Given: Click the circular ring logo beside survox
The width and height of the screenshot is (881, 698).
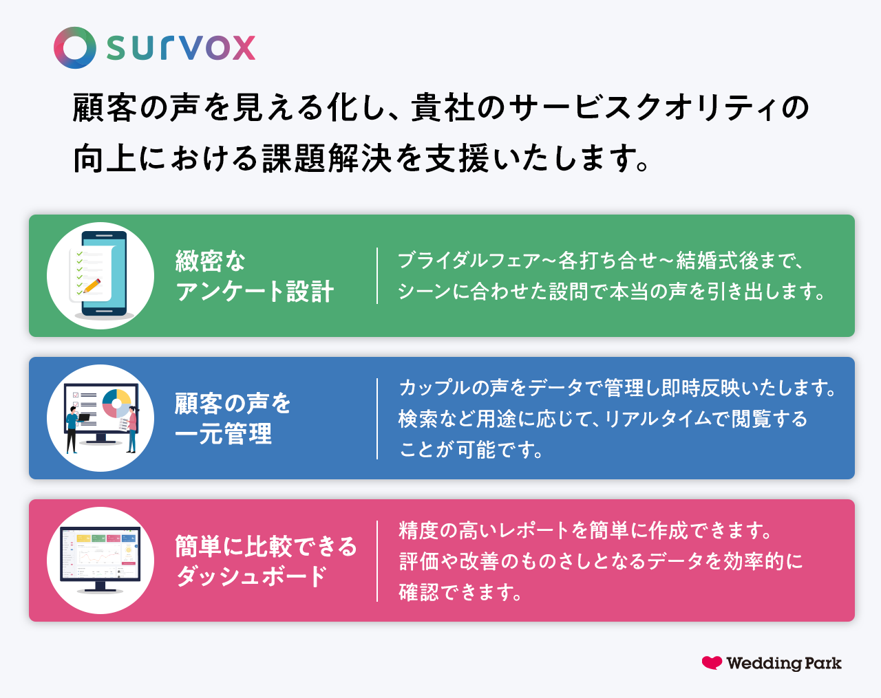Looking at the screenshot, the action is click(x=75, y=47).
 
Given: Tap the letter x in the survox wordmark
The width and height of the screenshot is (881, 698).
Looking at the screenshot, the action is click(x=243, y=48).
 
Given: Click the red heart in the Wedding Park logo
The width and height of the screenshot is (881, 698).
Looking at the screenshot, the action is click(x=712, y=662).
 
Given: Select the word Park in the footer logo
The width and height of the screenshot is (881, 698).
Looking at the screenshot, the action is click(x=823, y=664).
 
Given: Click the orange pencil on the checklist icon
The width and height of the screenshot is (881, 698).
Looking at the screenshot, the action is click(x=92, y=285).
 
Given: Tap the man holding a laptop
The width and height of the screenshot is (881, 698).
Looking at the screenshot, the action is click(x=72, y=426).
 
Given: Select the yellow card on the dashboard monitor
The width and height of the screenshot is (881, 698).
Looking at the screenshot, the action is click(x=83, y=538).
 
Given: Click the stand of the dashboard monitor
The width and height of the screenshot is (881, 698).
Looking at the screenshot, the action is click(x=100, y=587).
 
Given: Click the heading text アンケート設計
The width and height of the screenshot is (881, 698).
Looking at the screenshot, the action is click(x=255, y=292).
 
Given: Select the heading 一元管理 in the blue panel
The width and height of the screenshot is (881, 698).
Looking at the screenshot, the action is click(x=224, y=434).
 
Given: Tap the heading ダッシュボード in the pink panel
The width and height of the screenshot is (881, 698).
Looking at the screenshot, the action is click(x=252, y=576).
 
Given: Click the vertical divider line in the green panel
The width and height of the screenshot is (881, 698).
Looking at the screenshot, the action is click(x=377, y=276).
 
